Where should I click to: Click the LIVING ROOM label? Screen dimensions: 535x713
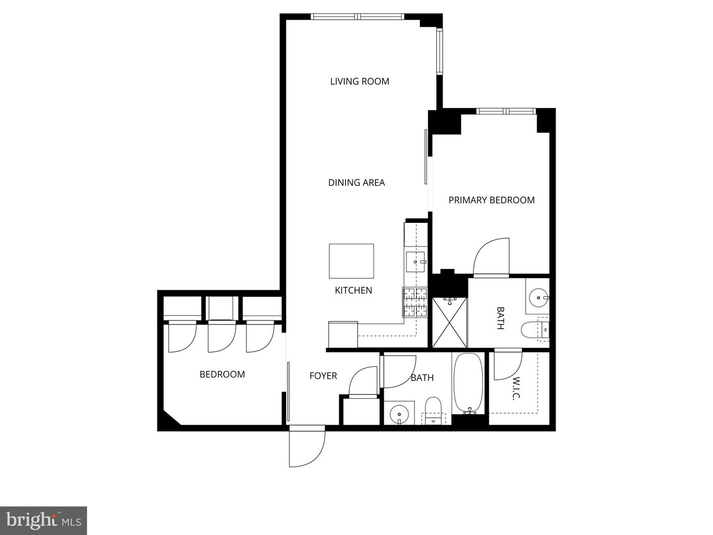coord(359,81)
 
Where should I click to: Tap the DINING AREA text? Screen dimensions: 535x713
coord(356,182)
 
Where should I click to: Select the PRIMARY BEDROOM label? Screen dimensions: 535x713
coord(491,200)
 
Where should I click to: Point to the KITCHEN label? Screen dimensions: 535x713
coord(354,290)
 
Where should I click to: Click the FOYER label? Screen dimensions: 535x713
coord(323,376)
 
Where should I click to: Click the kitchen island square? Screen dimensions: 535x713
coord(352,261)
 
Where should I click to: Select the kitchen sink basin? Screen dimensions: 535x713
coord(415,262)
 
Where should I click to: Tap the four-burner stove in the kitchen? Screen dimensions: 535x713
coord(415,302)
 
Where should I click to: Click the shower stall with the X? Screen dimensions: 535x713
coord(450,322)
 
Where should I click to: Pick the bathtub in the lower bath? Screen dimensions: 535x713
coord(468,382)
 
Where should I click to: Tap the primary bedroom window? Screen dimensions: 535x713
coord(506,111)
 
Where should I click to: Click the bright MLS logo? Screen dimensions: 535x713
coord(44,521)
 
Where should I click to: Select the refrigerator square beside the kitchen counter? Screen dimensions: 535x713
coord(343,334)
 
